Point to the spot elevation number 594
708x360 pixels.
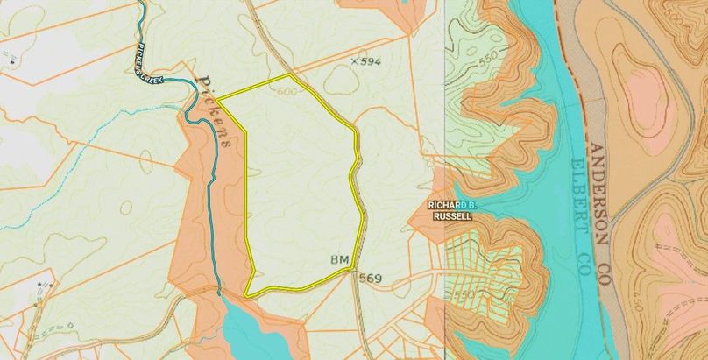coord(372,61)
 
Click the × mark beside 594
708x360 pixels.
coord(353,61)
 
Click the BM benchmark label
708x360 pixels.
coord(340,261)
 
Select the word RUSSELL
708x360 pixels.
coord(451,216)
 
